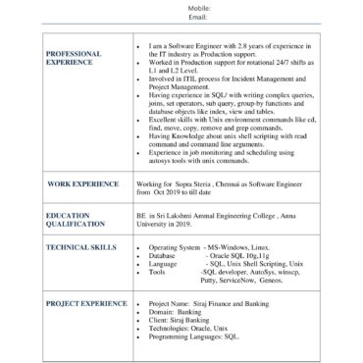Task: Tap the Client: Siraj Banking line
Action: [186, 320]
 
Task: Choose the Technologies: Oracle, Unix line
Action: [195, 328]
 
